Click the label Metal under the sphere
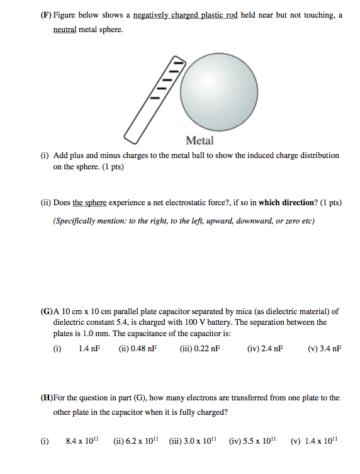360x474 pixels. pos(200,140)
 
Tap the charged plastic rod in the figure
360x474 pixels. pos(155,98)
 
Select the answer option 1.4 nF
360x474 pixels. pos(89,347)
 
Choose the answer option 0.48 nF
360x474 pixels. pos(144,347)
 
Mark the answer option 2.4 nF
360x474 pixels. pos(271,347)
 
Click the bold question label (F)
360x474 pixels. pos(47,14)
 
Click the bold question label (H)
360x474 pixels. pos(47,398)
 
